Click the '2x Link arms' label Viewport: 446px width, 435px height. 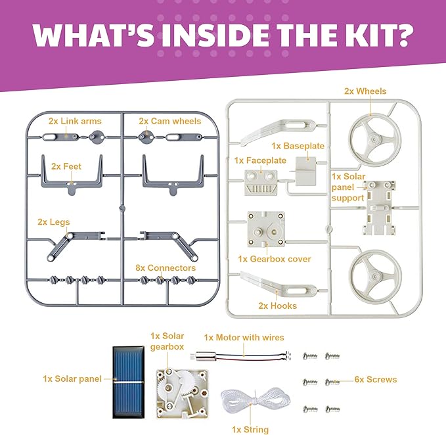[75, 122]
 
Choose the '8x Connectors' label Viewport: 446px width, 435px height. [165, 268]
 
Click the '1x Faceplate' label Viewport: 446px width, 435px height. [260, 160]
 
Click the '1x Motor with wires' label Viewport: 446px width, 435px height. [244, 338]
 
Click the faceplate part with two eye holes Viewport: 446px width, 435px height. [260, 181]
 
